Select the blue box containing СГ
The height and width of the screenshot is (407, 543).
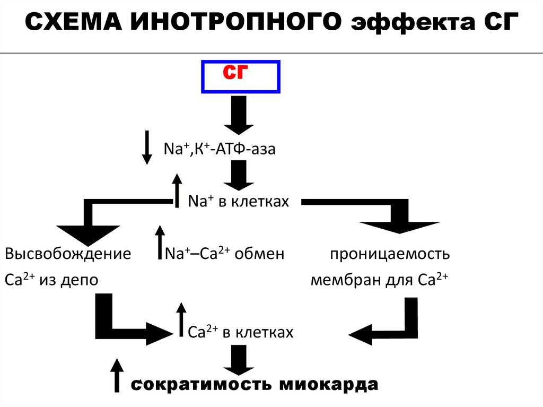(240, 77)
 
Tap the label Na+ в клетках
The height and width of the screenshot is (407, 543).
(239, 202)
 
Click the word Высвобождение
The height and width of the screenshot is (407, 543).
(68, 254)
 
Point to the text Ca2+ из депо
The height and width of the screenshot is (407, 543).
(51, 280)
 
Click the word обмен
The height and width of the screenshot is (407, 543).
(259, 254)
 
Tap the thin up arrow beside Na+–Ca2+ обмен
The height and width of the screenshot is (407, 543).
(159, 241)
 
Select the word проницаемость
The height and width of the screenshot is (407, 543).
(390, 254)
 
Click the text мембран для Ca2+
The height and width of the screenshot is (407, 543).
(380, 280)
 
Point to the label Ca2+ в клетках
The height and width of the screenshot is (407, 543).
(241, 332)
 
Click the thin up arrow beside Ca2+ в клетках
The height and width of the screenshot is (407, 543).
(181, 319)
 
